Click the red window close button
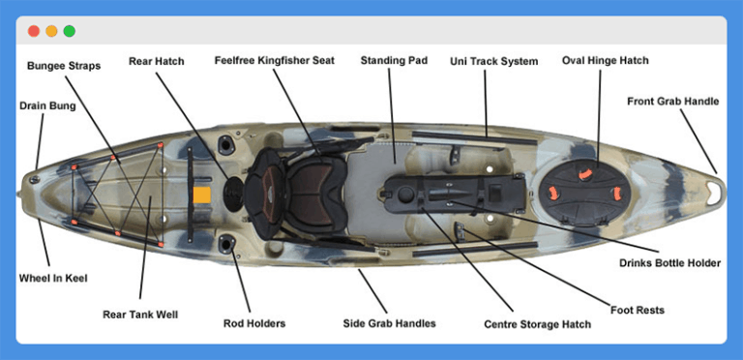coord(34,31)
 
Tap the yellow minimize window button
coord(51,31)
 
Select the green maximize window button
coord(69,31)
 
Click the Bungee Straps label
coord(63,66)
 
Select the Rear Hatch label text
coord(156,61)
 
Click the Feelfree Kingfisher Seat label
coord(274,60)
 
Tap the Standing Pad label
coord(394,60)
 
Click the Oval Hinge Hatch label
coord(606,60)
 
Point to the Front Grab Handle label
coord(672,101)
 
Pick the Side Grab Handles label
coord(389,323)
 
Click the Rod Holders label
coord(254,323)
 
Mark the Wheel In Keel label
coord(53,279)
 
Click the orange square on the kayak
coord(201,195)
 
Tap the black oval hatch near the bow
coord(584,185)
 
